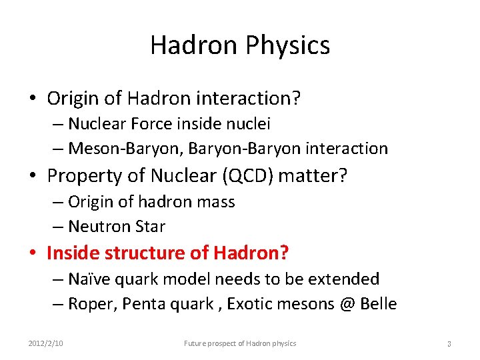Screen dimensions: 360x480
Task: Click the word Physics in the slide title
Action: [x=287, y=45]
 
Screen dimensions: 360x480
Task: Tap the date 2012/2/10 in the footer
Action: [x=47, y=343]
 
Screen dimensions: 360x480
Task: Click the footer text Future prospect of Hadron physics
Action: [x=240, y=343]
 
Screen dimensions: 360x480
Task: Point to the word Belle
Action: [x=377, y=305]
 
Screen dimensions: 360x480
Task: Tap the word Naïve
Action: [x=89, y=279]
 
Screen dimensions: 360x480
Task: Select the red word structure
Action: [x=143, y=253]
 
